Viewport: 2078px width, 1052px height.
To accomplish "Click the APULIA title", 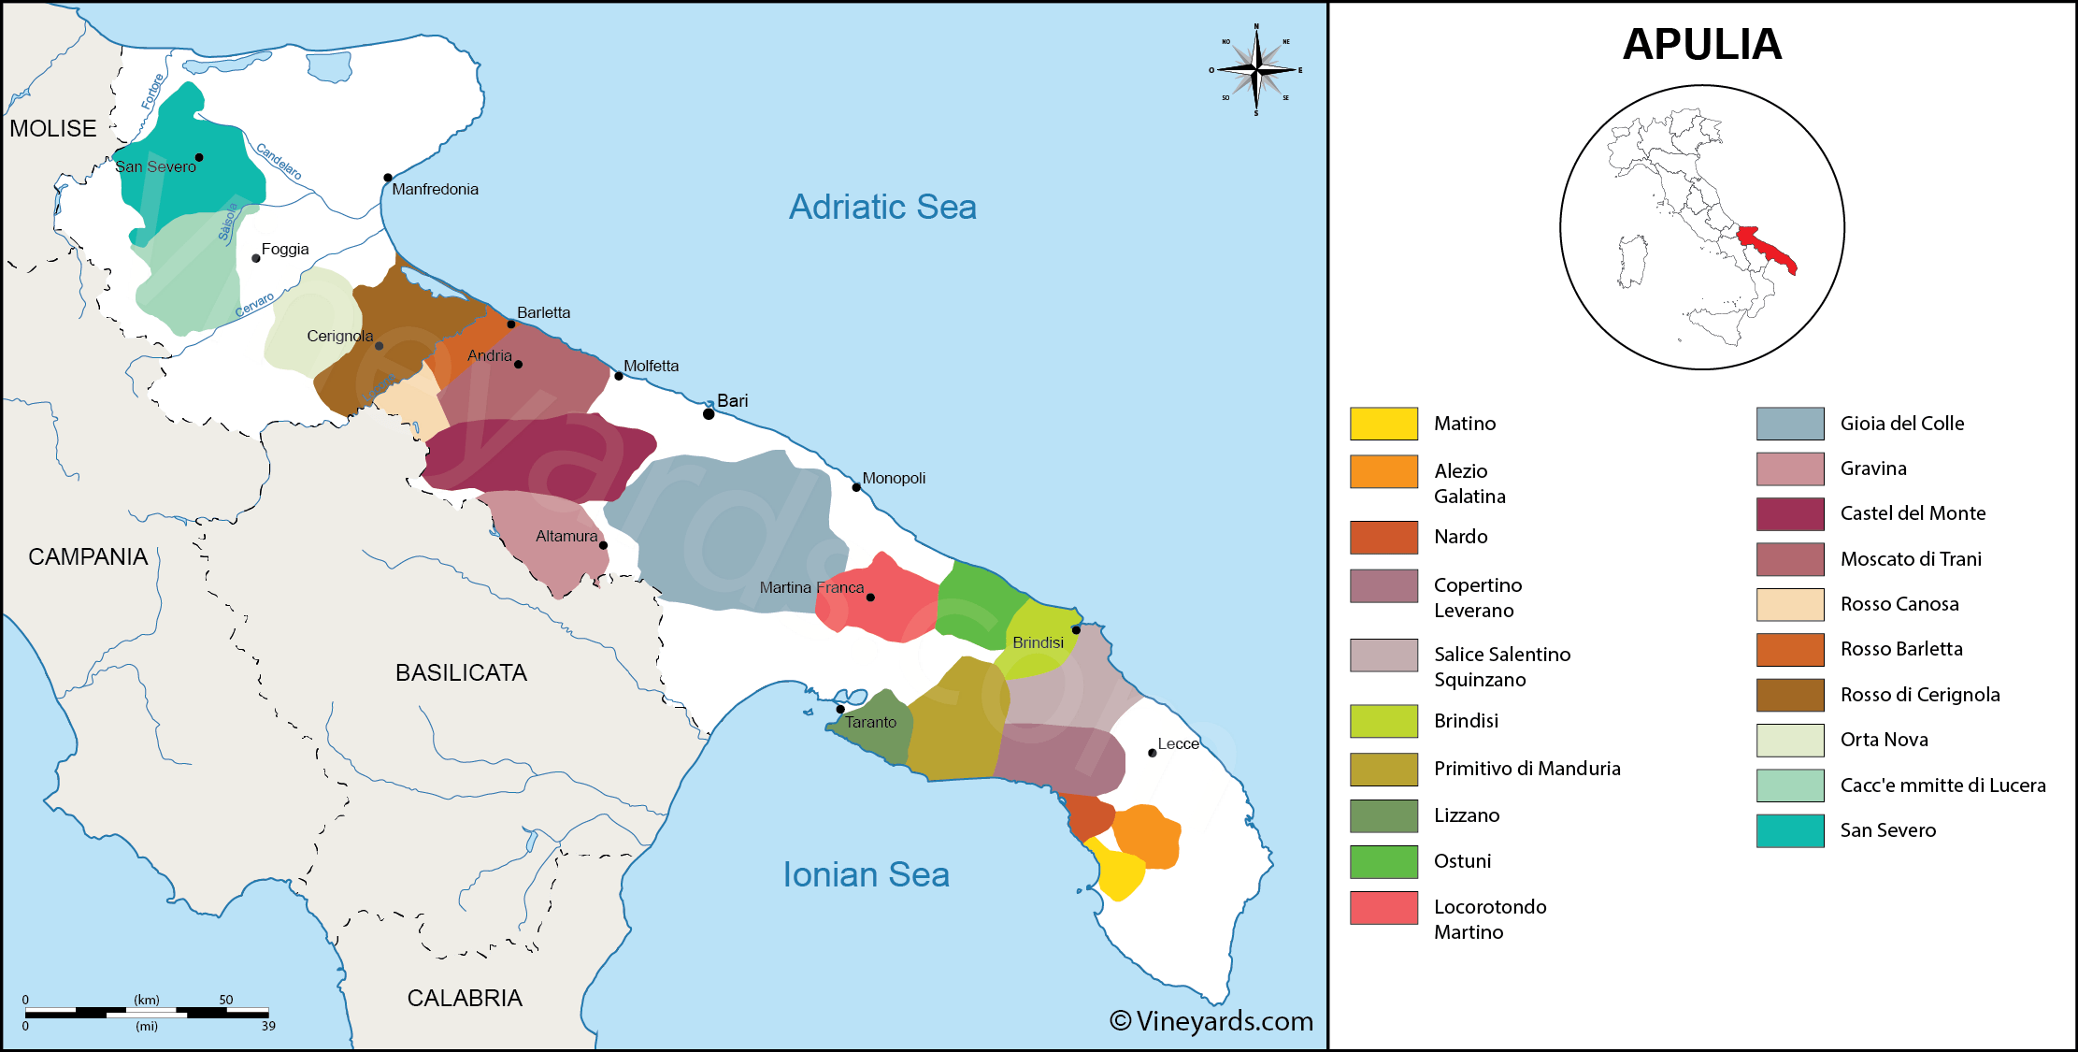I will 1701,44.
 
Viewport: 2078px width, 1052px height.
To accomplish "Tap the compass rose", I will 1256,70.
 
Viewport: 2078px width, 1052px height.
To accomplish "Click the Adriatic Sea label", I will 882,207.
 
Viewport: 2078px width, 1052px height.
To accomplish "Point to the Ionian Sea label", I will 866,874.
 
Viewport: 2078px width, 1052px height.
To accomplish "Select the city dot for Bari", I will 709,413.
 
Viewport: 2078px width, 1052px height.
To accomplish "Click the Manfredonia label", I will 435,189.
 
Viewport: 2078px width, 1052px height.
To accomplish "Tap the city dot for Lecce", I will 1152,753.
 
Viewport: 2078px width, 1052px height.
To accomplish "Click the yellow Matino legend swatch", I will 1383,424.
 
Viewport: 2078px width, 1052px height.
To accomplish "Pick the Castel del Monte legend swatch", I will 1789,513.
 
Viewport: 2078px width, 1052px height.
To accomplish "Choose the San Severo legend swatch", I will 1789,830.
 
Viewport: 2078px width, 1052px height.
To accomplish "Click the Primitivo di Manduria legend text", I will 1526,769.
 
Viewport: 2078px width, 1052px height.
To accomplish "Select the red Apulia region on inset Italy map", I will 1767,250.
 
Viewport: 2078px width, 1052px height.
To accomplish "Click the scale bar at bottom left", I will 147,1012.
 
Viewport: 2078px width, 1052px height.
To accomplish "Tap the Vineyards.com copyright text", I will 1211,1021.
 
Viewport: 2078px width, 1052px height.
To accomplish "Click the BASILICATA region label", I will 461,672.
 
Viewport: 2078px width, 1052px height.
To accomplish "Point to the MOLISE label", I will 53,128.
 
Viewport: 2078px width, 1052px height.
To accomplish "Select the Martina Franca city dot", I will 870,597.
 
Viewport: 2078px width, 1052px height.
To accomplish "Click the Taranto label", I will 870,722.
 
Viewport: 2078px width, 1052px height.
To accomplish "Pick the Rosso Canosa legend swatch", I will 1789,604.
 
